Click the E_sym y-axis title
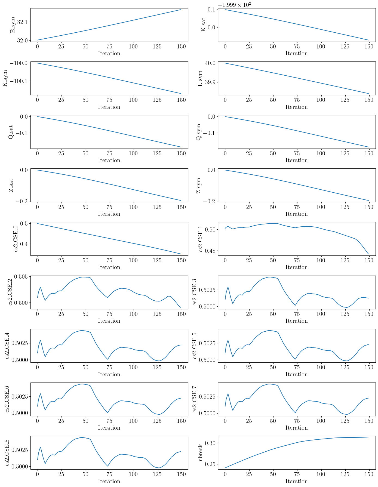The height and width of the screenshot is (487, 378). [x=13, y=25]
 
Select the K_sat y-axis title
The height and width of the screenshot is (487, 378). [x=203, y=25]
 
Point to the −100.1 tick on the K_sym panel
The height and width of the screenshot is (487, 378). [x=20, y=81]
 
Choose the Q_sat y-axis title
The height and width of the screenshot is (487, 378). [x=11, y=132]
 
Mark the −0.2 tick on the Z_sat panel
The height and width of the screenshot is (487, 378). [x=21, y=201]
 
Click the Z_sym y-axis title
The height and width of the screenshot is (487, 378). [x=199, y=186]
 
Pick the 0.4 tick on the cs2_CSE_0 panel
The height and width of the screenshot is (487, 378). [x=24, y=244]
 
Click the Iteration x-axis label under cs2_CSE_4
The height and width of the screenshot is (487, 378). [x=109, y=374]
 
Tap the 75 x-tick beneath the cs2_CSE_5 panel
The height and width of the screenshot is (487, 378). [x=297, y=367]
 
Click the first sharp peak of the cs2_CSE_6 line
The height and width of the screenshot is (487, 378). [x=40, y=394]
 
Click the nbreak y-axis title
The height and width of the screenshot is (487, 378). [x=201, y=453]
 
